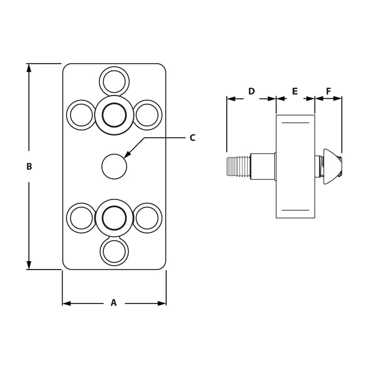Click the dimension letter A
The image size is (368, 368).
pos(114,303)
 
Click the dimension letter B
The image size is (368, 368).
pos(29,167)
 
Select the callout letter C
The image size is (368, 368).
pos(192,138)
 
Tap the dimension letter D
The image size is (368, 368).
pos(251,92)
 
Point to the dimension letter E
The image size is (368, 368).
pos(295,92)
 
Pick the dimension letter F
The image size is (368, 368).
pos(328,92)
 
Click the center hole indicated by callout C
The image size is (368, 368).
pos(114,167)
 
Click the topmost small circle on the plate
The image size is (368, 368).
pos(114,82)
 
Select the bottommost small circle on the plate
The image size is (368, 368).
pos(114,251)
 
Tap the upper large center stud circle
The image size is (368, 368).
pos(114,115)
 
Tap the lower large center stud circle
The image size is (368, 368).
pos(114,218)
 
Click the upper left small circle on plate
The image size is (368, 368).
pos(81,115)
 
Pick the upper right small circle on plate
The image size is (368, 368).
pos(147,115)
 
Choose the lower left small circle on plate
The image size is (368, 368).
pos(81,218)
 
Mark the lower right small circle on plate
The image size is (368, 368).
pos(147,218)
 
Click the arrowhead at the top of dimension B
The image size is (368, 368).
pos(29,68)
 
